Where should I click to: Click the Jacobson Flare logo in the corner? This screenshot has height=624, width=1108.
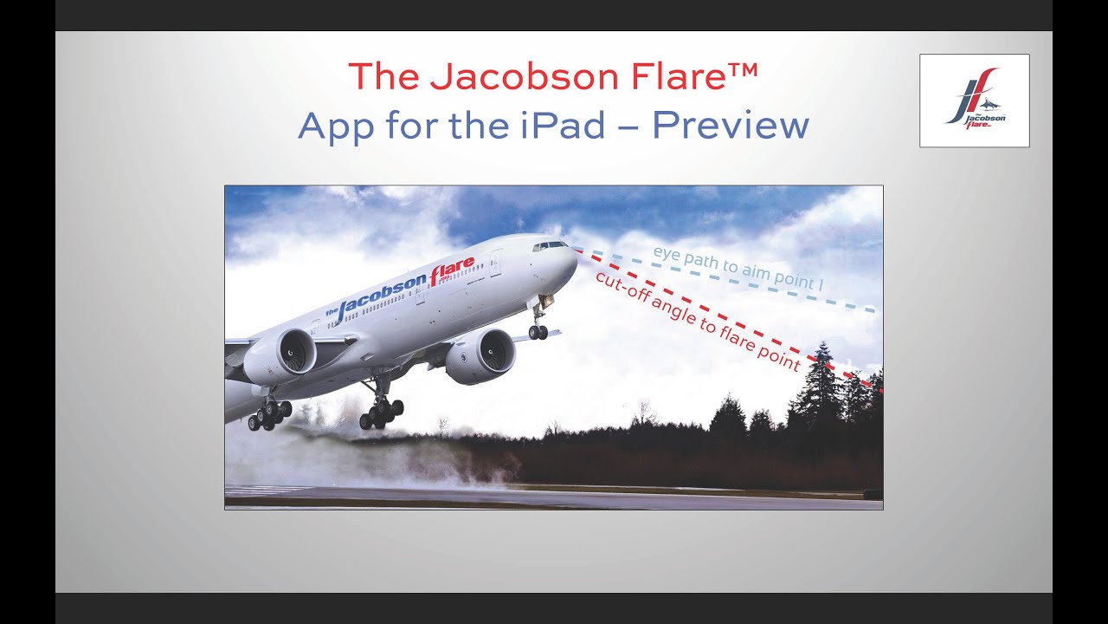[974, 100]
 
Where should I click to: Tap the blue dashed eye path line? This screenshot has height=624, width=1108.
[857, 305]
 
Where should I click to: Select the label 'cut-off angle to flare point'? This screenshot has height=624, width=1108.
[697, 321]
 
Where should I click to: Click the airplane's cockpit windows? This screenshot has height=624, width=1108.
[551, 246]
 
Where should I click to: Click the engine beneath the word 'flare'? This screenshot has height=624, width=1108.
[481, 355]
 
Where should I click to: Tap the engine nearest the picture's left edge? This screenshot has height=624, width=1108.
[280, 356]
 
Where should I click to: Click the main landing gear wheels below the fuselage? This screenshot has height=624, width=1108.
[381, 413]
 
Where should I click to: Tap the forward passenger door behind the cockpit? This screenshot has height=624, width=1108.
[496, 262]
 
